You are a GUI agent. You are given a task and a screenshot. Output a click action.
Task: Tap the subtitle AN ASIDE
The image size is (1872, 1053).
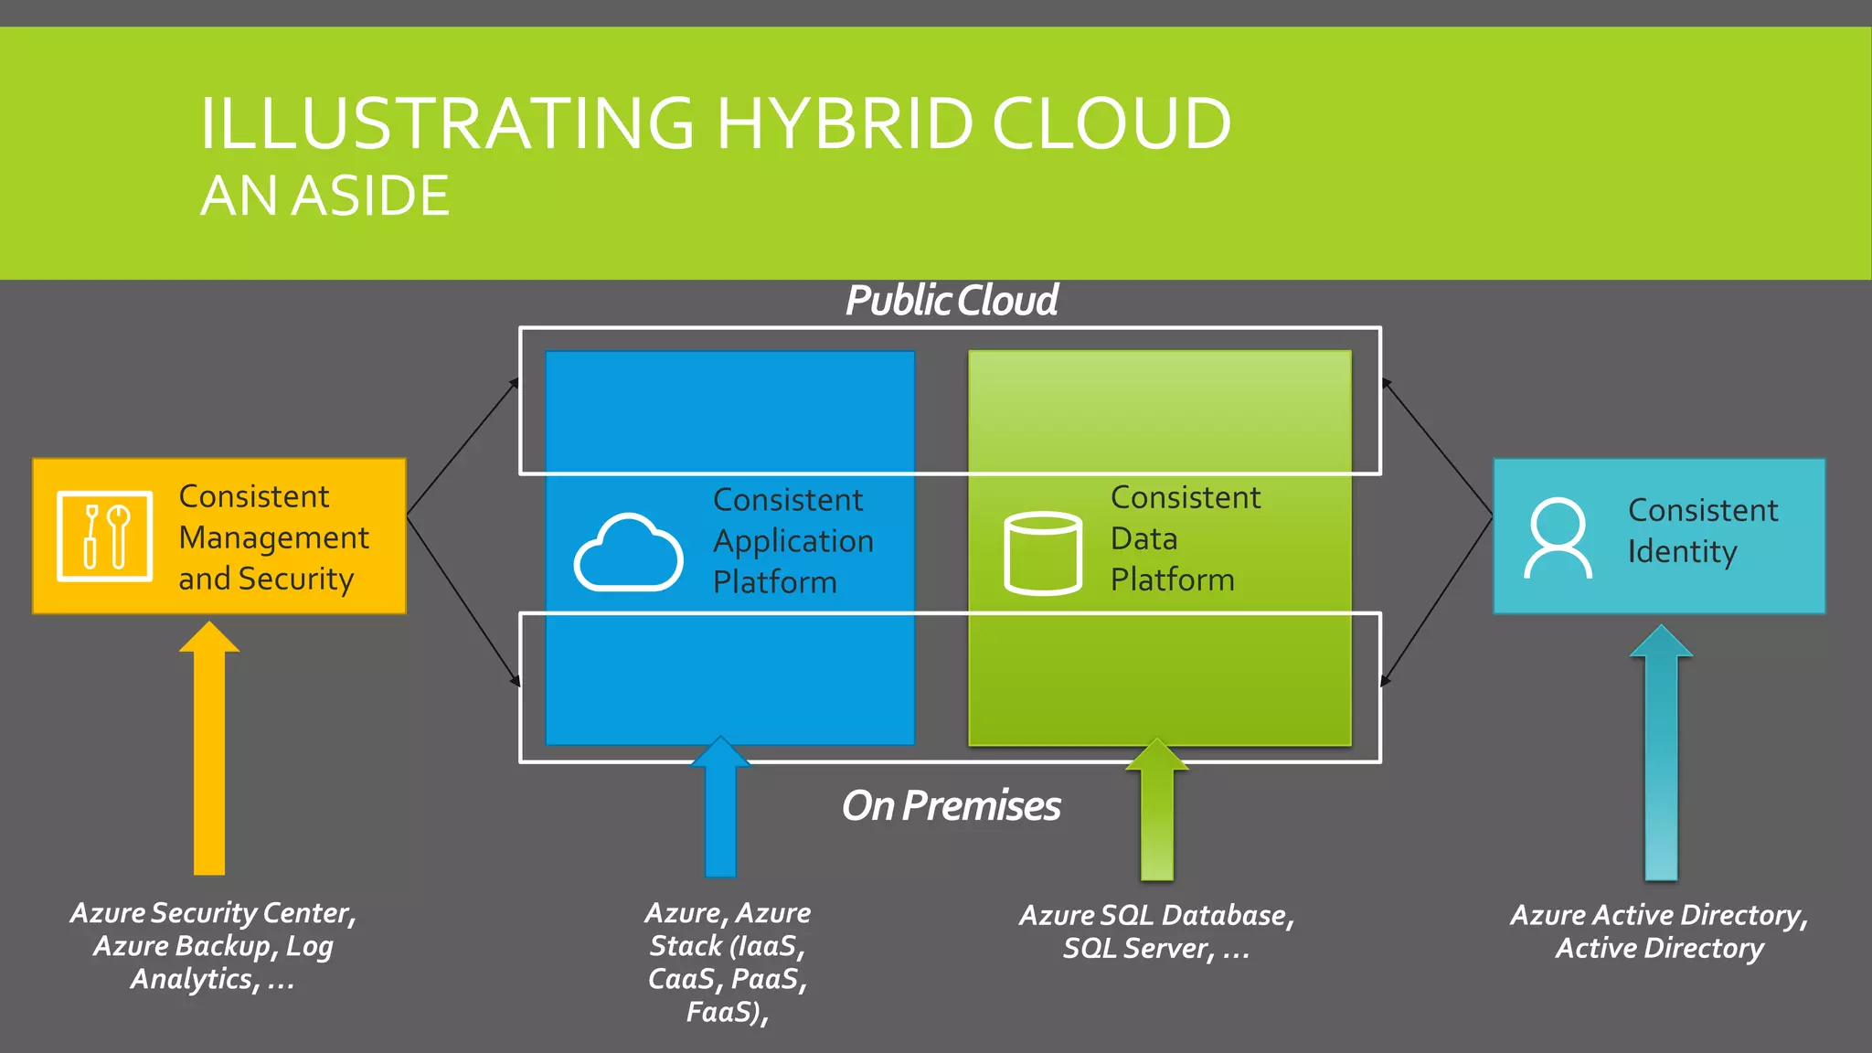tap(324, 196)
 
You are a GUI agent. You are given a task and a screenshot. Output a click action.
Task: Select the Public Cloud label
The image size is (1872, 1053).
tap(951, 301)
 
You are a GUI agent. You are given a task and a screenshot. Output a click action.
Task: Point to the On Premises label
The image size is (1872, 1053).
tap(951, 806)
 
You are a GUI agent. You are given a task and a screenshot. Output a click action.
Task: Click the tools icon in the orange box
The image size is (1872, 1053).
tap(104, 537)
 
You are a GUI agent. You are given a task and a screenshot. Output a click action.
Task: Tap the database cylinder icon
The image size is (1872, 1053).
tap(1042, 553)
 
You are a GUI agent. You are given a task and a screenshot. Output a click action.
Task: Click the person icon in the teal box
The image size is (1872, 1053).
tap(1558, 537)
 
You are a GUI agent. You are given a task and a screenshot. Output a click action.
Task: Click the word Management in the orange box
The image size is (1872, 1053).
tap(274, 538)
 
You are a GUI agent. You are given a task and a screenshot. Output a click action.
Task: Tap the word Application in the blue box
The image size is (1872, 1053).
tap(793, 541)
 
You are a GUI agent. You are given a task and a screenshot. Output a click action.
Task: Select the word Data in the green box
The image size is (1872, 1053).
tap(1143, 539)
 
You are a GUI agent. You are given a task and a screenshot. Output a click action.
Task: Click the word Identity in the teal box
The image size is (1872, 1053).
tap(1682, 552)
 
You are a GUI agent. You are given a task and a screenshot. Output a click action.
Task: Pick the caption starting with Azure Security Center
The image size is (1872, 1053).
tap(213, 946)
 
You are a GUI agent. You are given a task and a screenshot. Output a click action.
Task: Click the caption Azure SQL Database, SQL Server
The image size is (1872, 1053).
tap(1156, 931)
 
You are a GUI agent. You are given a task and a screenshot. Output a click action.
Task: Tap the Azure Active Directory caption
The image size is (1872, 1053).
tap(1659, 931)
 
